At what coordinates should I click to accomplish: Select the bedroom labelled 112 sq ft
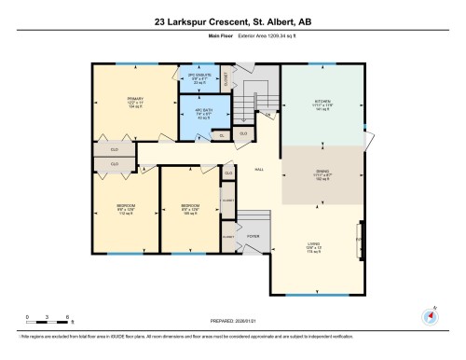(x=125, y=208)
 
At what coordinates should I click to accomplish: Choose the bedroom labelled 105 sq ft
(x=191, y=208)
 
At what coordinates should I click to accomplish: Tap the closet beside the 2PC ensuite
(x=226, y=80)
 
